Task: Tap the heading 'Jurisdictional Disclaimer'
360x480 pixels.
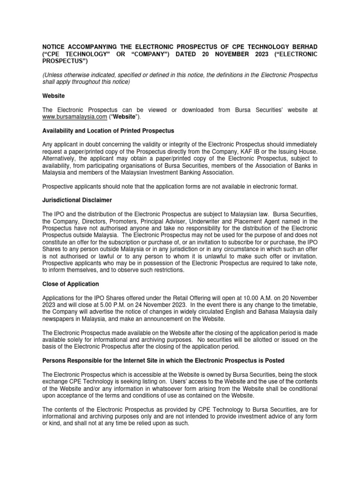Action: pos(77,200)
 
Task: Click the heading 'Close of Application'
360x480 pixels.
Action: pos(70,284)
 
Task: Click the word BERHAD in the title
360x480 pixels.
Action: pos(301,47)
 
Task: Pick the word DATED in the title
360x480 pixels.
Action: pos(176,54)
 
